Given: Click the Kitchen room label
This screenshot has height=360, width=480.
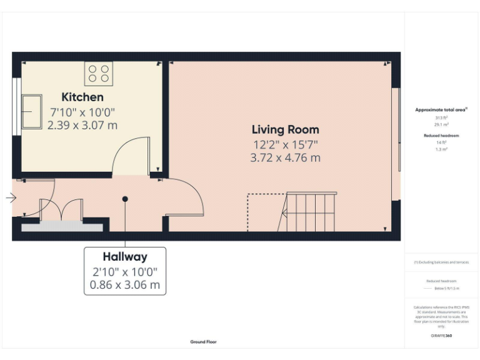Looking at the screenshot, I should point(82,97).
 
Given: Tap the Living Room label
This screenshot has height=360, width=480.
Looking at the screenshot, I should point(285,129).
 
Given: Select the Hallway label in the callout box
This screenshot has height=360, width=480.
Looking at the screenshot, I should point(125,256).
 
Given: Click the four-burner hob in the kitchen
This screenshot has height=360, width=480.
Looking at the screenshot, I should point(99,74).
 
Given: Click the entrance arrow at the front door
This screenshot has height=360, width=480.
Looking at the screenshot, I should point(11,198).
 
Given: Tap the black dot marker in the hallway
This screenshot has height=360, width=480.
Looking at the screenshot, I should point(125,199).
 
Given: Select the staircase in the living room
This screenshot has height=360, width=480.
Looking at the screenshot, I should point(311,212).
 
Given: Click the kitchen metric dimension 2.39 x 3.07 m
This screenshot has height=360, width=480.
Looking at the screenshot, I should point(82,125).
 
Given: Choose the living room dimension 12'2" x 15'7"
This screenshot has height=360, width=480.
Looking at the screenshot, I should point(285,145).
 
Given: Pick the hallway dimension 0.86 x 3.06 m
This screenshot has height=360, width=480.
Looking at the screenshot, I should point(125,286).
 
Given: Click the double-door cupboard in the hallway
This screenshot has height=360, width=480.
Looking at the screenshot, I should point(61,210).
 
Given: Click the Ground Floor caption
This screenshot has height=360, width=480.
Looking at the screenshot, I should point(204,342).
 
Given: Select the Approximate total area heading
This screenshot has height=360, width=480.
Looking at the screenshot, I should point(441,109).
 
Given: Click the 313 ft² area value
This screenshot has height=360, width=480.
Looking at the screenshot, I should point(441,117).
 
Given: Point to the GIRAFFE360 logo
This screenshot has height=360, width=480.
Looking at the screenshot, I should point(441,336).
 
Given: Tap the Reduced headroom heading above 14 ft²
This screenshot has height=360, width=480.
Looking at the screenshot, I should point(441,135).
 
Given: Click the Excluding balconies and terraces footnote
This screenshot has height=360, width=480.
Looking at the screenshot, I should point(441,262).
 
